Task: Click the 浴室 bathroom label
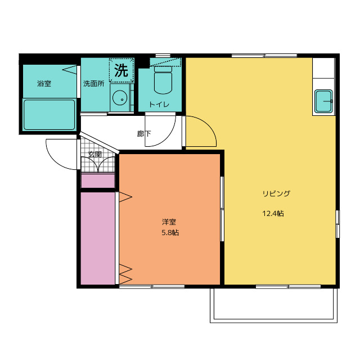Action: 44,84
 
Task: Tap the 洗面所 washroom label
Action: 93,84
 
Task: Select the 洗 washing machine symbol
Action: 121,71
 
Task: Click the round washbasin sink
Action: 119,98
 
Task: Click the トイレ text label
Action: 160,105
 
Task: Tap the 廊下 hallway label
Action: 144,134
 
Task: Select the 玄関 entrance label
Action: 94,154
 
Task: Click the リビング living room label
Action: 276,193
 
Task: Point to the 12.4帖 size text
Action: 273,214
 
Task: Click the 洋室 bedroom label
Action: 169,222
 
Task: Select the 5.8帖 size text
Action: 170,232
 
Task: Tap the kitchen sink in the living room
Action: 324,102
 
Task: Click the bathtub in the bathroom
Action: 49,115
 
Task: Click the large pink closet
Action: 98,238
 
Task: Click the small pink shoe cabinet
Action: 98,181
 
